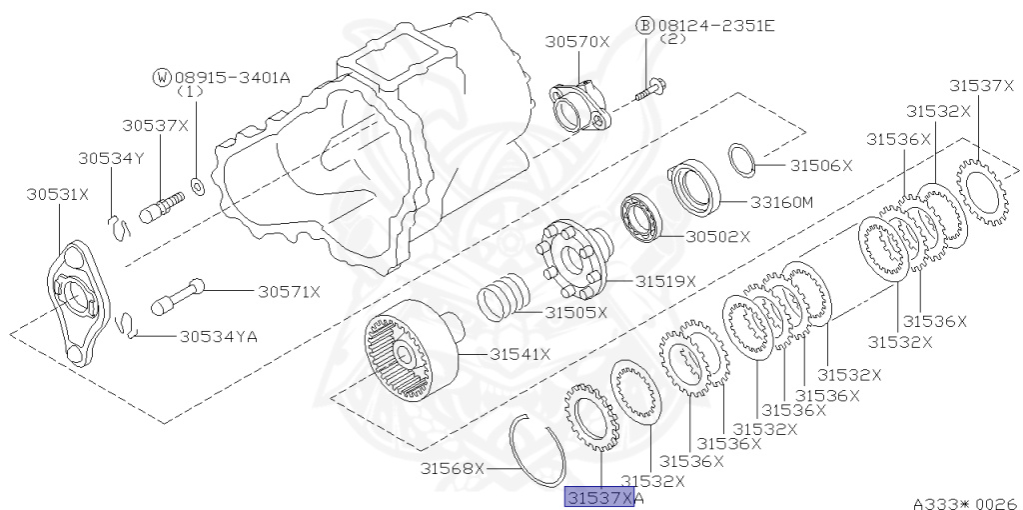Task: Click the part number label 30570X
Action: click(x=577, y=42)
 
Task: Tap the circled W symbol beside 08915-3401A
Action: click(x=162, y=78)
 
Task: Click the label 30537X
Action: click(x=155, y=125)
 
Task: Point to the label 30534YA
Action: click(x=219, y=336)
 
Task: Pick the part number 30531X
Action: click(x=57, y=194)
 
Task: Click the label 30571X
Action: click(x=290, y=291)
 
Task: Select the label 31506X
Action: click(x=821, y=166)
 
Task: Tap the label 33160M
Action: click(x=781, y=202)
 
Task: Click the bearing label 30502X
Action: click(x=717, y=236)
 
